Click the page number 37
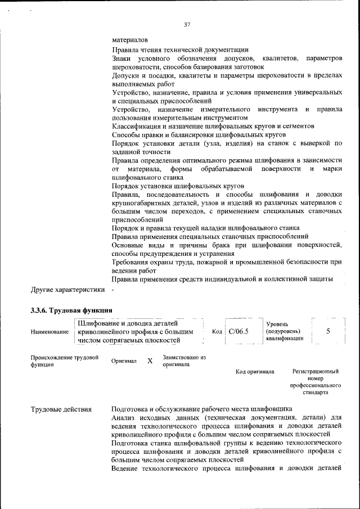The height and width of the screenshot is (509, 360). click(x=187, y=24)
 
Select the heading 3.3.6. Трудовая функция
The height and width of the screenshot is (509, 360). click(x=71, y=310)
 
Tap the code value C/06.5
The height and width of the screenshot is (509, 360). click(x=239, y=331)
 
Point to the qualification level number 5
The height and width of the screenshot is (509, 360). click(x=328, y=331)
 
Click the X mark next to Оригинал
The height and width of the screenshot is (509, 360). click(x=150, y=361)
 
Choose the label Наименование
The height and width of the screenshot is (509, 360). click(x=49, y=332)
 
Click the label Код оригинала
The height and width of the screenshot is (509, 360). click(x=255, y=372)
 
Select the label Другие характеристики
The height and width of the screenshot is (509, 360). click(x=67, y=290)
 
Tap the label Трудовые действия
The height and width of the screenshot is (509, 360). click(x=61, y=409)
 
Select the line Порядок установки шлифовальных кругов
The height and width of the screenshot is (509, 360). click(x=178, y=186)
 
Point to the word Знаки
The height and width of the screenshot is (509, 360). click(x=122, y=58)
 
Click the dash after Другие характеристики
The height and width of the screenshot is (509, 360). click(x=112, y=290)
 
